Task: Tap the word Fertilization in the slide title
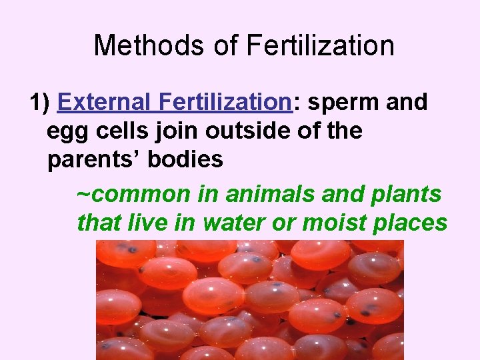[x=321, y=45]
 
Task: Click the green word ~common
[x=134, y=194]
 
